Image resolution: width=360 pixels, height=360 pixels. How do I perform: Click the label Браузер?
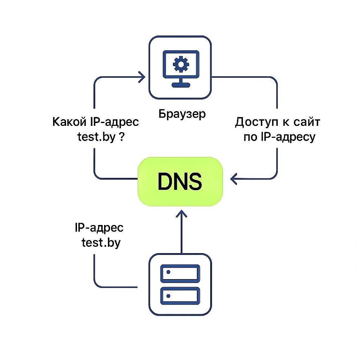[x=182, y=114]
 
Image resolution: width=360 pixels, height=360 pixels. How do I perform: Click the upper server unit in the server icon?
[x=180, y=272]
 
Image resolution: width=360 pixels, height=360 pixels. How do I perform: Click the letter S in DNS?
[x=194, y=181]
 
